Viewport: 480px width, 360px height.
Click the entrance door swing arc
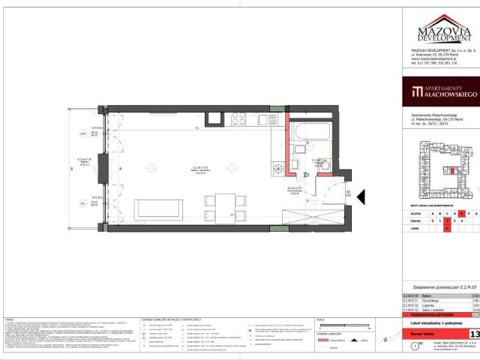pos(328,185)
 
